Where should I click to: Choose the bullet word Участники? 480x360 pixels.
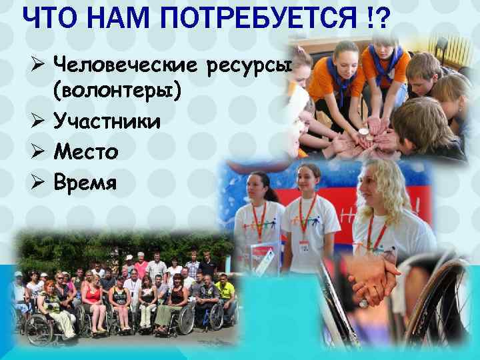(x=106, y=121)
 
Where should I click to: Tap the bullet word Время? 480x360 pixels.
(x=85, y=182)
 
